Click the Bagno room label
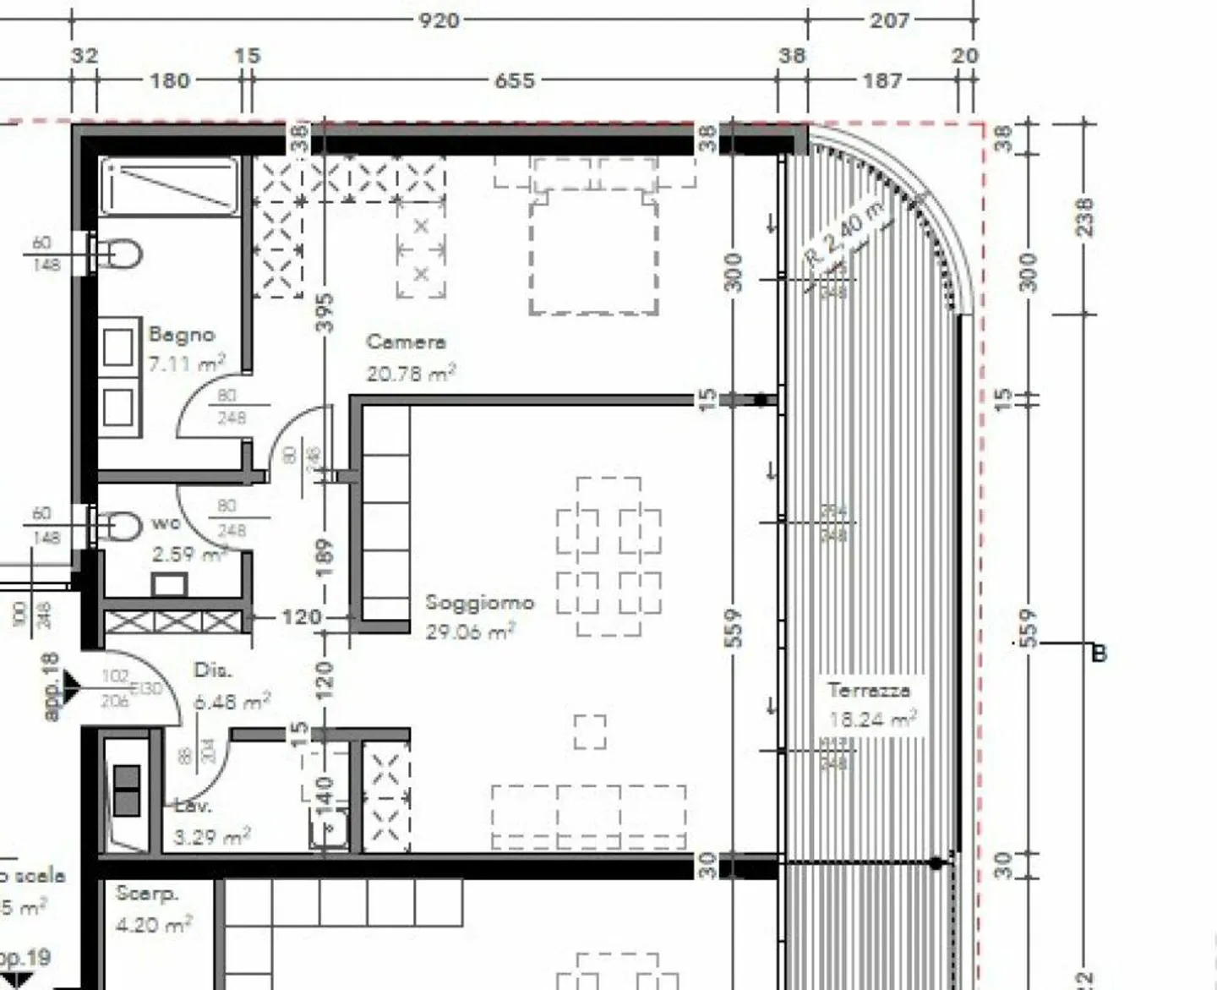coord(181,335)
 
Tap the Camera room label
coord(406,342)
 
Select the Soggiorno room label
coord(479,603)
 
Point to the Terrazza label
coord(869,690)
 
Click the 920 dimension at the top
coord(439,19)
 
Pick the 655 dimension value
coord(514,80)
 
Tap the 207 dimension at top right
coord(889,19)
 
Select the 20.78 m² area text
coord(411,373)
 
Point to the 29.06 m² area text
coord(470,632)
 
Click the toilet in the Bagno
coord(122,253)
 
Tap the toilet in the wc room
coord(122,527)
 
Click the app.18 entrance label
coord(52,686)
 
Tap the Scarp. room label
coord(146,893)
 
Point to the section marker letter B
coord(1098,654)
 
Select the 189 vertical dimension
coord(325,559)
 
